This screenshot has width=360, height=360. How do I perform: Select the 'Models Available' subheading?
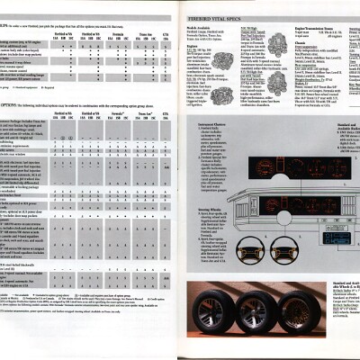(x=199, y=28)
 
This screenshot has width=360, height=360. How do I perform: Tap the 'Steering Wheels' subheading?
(x=200, y=212)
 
